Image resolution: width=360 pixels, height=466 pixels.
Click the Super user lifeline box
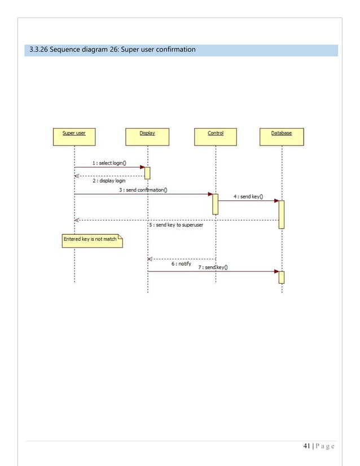coord(74,137)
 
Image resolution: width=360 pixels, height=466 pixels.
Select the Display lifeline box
coord(147,137)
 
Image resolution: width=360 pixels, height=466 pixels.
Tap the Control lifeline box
coord(216,137)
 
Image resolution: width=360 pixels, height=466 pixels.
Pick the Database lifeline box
coord(282,137)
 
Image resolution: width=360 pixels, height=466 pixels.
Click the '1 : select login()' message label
coord(109,163)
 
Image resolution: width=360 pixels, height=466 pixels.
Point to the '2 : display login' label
coord(109,181)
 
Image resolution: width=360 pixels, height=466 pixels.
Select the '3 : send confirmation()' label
coord(143,190)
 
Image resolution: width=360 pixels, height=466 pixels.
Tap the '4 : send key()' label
coord(247,196)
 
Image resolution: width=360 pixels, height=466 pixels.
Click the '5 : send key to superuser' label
coord(176,225)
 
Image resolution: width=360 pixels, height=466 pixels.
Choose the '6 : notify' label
coord(181,263)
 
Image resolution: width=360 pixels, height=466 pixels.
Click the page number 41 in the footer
coord(307,447)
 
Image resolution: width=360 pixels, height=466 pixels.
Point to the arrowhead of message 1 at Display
coord(142,167)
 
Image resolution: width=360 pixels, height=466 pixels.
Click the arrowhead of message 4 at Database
coord(276,200)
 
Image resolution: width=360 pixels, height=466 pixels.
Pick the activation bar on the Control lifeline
coord(215,204)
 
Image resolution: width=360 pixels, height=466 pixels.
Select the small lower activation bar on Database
coord(282,277)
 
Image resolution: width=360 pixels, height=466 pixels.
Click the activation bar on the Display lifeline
coord(147,173)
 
